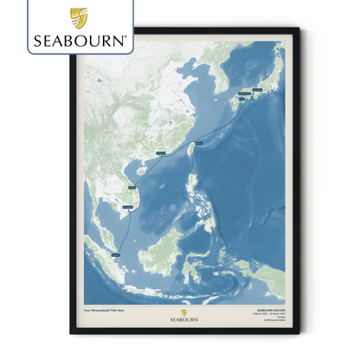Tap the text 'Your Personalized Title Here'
[105, 308]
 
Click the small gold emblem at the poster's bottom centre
[180, 308]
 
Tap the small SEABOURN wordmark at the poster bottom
[180, 318]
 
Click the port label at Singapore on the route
[117, 254]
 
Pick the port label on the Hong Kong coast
[162, 153]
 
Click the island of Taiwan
[191, 148]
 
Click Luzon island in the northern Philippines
[191, 186]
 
